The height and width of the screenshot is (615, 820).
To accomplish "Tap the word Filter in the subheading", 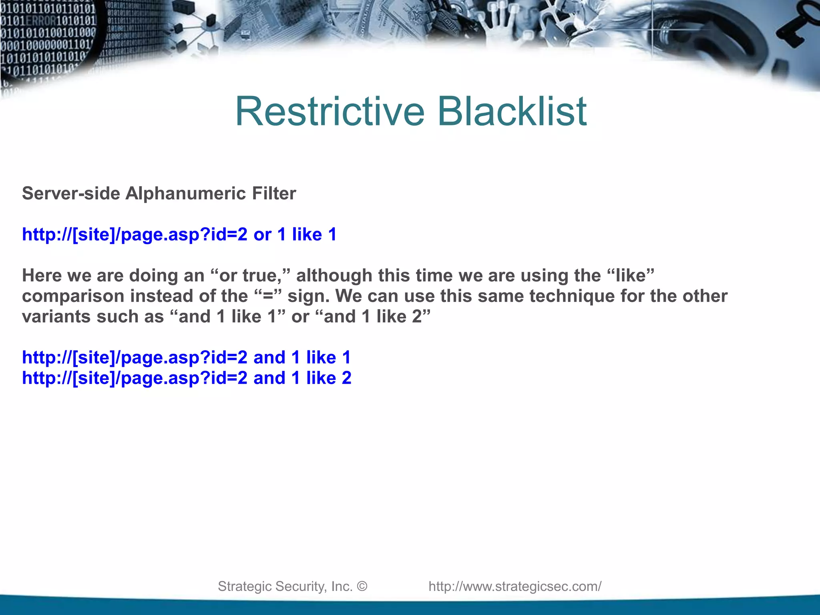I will point(274,194).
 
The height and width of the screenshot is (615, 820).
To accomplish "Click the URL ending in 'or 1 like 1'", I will point(179,235).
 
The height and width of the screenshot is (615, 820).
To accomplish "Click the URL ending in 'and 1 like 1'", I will point(186,358).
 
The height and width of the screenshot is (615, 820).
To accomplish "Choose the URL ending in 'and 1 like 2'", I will point(187,378).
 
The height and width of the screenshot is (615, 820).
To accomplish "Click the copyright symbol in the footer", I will point(362,587).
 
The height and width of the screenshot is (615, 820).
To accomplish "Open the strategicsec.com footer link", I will point(515,587).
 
